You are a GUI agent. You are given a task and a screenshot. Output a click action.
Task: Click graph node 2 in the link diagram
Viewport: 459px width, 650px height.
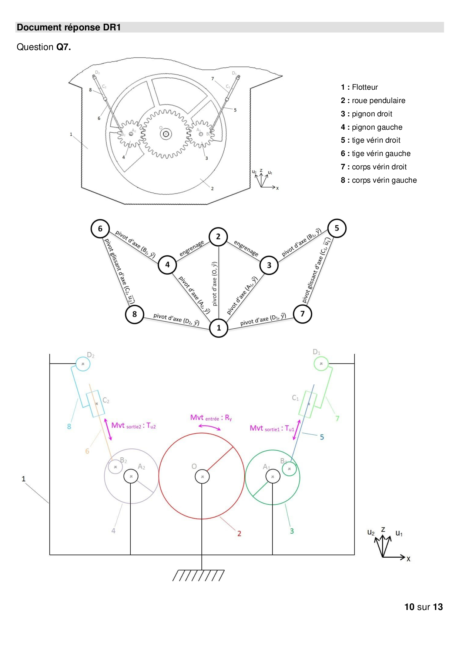coord(218,236)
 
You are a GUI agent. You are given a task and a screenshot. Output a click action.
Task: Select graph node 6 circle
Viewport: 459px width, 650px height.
coord(100,229)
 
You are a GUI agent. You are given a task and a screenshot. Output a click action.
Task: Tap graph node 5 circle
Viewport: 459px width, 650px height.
coord(337,228)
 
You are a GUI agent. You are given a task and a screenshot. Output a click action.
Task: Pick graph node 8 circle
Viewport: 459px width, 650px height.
coord(134,314)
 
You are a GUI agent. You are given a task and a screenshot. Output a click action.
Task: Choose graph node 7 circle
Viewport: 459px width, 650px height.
coord(302,314)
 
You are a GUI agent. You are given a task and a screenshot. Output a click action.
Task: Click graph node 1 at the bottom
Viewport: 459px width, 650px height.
coord(218,328)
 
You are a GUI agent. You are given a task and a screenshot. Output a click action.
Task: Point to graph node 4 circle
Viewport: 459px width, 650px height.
coord(167,265)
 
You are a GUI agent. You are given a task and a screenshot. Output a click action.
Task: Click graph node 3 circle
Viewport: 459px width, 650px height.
coord(269,265)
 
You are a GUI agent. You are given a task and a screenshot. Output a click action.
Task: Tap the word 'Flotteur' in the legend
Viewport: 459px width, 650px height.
coord(365,87)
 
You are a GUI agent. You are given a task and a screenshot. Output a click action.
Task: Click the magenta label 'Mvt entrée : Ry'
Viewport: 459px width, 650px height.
coord(211,418)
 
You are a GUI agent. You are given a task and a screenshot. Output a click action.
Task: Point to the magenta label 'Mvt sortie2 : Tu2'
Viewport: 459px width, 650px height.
coord(133,426)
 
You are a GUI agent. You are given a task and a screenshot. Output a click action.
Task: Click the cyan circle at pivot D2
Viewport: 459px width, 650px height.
coord(83,364)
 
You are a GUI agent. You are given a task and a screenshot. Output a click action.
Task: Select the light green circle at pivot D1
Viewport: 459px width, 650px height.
coord(321,364)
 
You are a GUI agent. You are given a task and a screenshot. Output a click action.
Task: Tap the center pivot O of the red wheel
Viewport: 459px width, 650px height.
coord(202,477)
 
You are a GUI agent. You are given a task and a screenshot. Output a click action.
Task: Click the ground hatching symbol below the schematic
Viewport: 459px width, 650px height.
coord(198,575)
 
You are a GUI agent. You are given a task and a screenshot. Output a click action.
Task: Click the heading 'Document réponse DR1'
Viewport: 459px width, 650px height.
coord(69,27)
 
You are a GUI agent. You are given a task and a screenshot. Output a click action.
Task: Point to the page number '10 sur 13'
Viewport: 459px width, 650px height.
coord(423,607)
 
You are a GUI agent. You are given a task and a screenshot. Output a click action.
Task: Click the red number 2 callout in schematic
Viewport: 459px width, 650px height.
coord(239,533)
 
